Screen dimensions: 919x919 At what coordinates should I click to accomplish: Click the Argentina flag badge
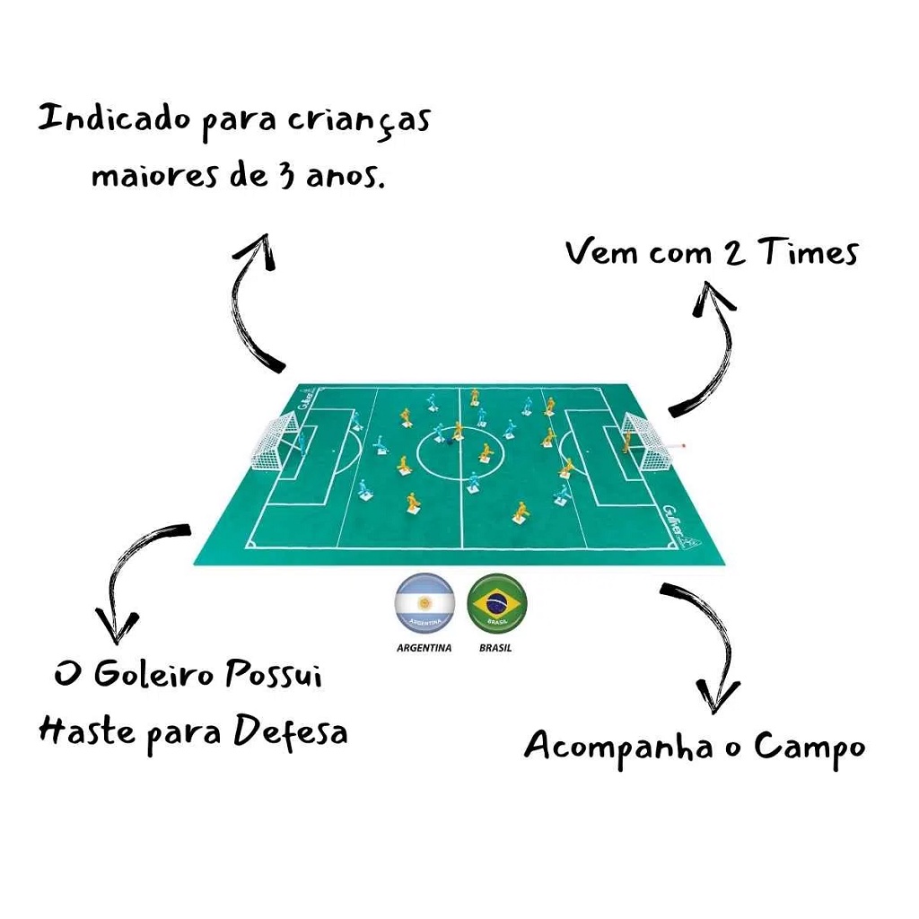point(424,603)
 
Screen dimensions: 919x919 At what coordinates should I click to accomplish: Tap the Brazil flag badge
point(497,603)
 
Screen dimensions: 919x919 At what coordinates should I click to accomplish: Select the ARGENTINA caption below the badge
point(424,648)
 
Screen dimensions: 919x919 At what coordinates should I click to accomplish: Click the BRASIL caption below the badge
point(495,648)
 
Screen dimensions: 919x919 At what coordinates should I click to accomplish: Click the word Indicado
point(115,119)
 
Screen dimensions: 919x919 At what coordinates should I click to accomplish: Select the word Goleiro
point(153,675)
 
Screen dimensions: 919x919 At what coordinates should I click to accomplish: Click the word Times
point(808,252)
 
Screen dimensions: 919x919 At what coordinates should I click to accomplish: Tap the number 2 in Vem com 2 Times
point(733,253)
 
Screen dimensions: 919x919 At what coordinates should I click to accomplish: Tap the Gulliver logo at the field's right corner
point(680,527)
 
